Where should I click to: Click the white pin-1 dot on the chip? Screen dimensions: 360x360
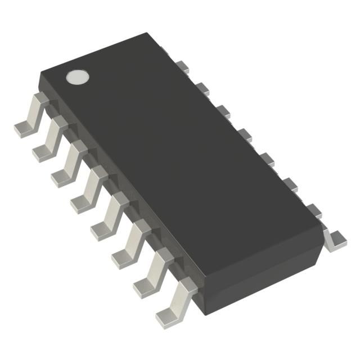tap(78, 77)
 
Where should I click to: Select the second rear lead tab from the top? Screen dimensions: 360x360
tap(202, 88)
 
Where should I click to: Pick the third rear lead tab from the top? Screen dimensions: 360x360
tap(223, 110)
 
